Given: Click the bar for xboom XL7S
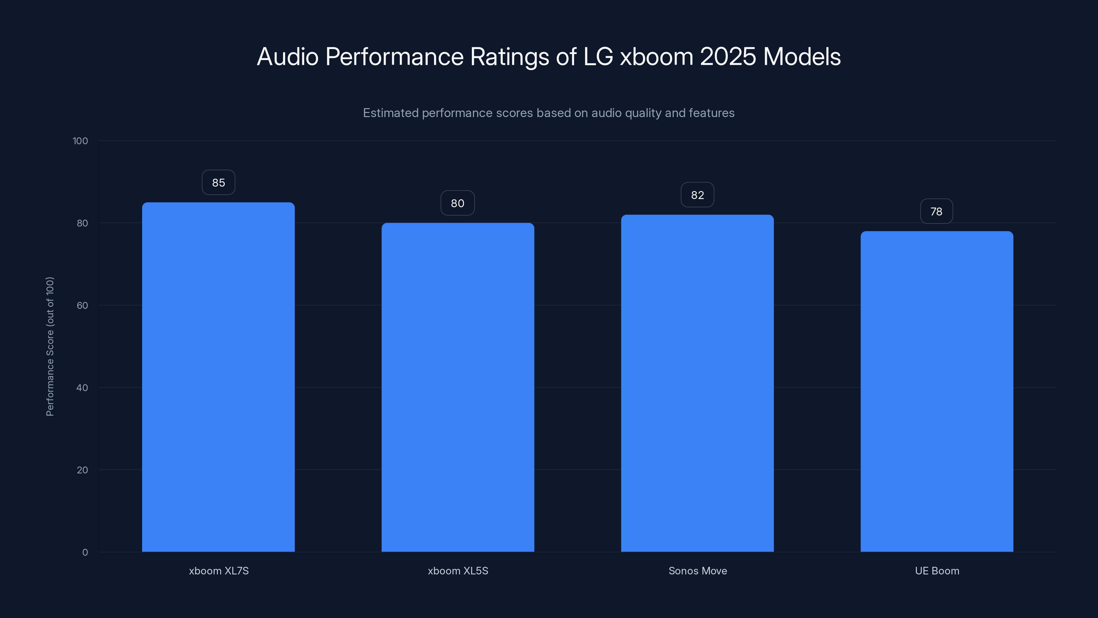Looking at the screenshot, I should [218, 377].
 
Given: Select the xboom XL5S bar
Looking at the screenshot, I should [458, 387].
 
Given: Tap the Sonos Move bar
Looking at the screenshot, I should [697, 383].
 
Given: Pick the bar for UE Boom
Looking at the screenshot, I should [937, 391].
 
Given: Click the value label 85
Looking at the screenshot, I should [218, 183].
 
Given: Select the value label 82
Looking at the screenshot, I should [697, 195].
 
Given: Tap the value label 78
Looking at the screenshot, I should [936, 211].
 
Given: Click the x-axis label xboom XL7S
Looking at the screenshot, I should [219, 571].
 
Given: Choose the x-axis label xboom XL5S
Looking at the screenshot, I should [458, 571].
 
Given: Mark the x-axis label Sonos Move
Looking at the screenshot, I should [698, 571].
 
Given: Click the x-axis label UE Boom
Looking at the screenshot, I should [937, 571].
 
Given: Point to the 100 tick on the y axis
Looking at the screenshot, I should [80, 141].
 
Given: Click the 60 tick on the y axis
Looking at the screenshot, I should [82, 305].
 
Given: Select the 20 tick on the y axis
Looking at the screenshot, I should [82, 470].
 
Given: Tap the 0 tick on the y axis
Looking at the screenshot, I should [85, 552].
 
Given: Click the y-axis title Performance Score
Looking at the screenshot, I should [50, 346].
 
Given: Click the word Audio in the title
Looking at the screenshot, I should [288, 57].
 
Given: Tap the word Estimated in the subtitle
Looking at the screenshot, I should [390, 113].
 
